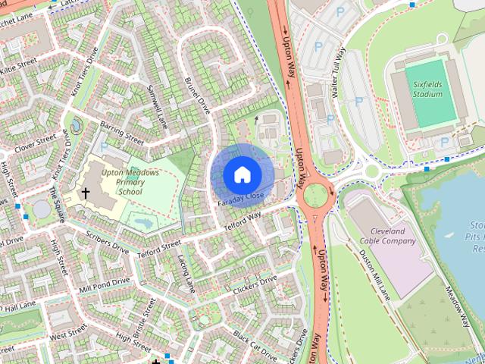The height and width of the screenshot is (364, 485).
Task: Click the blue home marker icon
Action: pos(242,174)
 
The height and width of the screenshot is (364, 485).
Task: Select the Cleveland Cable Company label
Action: pos(393,236)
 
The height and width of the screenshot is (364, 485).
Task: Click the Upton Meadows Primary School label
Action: pos(130,182)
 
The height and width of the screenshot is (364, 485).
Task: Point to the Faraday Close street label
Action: pos(240,199)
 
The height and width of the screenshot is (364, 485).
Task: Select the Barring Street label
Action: pos(122,133)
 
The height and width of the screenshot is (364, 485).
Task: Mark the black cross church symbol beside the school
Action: pos(86,193)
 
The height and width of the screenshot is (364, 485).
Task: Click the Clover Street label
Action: pos(36,142)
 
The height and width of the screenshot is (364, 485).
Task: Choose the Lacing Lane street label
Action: pos(186,272)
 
